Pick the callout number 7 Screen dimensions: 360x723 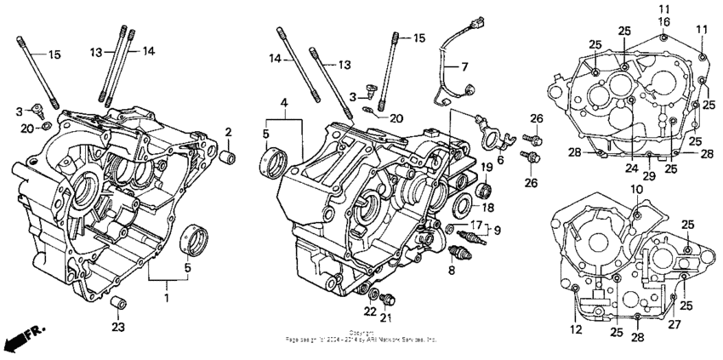(x=465, y=66)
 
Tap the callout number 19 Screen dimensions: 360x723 (x=489, y=166)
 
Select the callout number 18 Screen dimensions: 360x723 (x=489, y=207)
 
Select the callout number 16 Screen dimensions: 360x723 (x=663, y=20)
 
